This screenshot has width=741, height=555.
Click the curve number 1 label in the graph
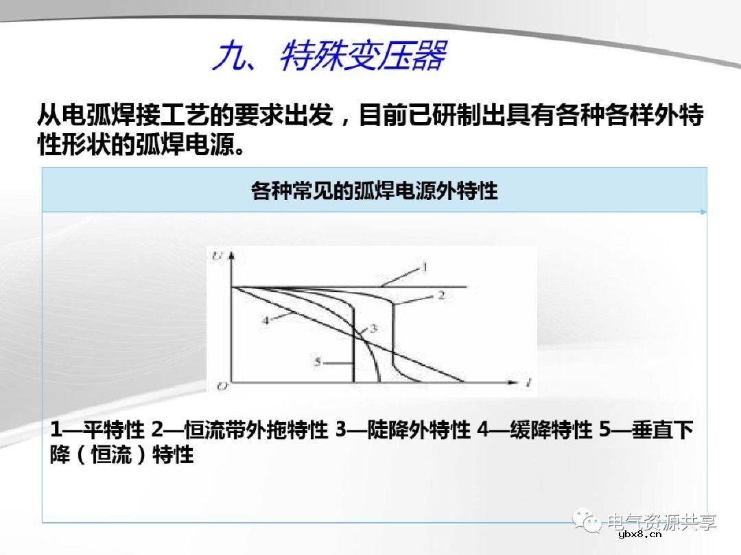pyautogui.click(x=424, y=266)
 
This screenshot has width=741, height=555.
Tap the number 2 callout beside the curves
pyautogui.click(x=442, y=295)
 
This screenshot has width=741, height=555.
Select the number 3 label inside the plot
pyautogui.click(x=373, y=329)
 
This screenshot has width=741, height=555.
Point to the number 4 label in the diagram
pyautogui.click(x=265, y=319)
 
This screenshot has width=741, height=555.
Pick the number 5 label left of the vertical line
pyautogui.click(x=317, y=361)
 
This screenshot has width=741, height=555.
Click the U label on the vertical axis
pyautogui.click(x=217, y=257)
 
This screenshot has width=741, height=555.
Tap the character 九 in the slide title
pyautogui.click(x=230, y=56)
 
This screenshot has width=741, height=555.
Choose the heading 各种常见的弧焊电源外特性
pyautogui.click(x=374, y=190)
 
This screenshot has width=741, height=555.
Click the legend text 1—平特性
pyautogui.click(x=97, y=430)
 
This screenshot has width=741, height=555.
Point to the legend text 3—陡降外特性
pyautogui.click(x=403, y=430)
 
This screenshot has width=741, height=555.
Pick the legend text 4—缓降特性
pyautogui.click(x=534, y=430)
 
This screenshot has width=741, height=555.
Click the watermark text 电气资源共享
pyautogui.click(x=662, y=521)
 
